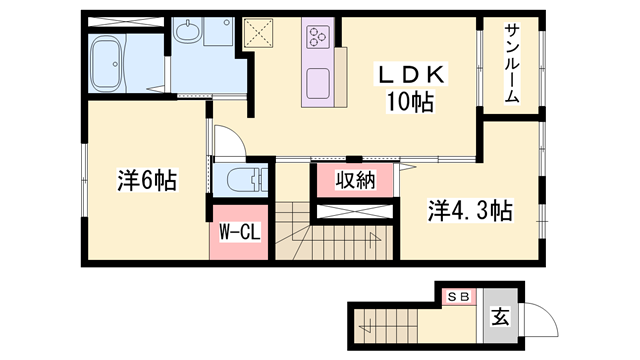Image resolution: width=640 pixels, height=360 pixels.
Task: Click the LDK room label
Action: (x=411, y=75)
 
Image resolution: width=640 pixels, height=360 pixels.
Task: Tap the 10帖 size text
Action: (x=410, y=102)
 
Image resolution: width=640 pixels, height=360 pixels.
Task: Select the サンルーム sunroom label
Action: (x=512, y=63)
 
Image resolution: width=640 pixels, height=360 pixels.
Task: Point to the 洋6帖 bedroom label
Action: (x=147, y=181)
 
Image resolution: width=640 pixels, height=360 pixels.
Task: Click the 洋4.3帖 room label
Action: (x=470, y=210)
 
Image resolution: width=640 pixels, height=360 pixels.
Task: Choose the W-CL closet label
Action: (x=240, y=233)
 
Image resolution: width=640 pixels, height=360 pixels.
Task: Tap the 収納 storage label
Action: (x=356, y=180)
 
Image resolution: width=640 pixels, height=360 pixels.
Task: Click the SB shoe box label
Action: (x=459, y=297)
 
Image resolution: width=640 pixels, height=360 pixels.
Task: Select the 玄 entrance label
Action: (x=500, y=316)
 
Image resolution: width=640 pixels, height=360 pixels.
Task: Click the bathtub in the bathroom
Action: (x=107, y=64)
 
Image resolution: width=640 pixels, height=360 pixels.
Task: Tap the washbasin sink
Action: (x=188, y=30)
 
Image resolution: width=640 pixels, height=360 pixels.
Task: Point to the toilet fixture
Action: (x=247, y=180)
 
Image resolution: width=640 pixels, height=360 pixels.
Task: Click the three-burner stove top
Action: (x=318, y=37)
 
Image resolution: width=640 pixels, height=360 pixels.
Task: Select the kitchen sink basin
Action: (x=318, y=84)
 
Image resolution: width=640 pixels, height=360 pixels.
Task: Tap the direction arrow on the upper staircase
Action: (x=373, y=240)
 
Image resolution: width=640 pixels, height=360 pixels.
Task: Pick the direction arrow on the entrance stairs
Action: (x=366, y=326)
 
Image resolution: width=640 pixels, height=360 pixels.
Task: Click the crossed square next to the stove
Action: (x=258, y=33)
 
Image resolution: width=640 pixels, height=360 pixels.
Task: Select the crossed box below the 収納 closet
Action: (x=354, y=211)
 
